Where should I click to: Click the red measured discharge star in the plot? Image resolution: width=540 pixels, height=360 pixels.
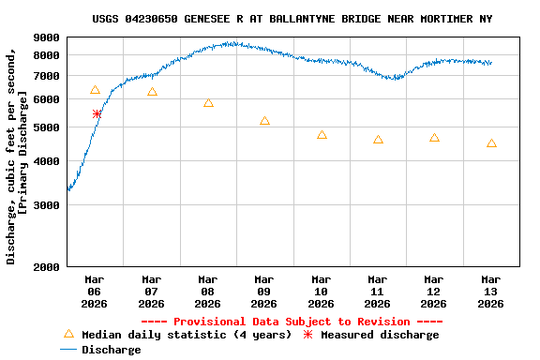click(x=97, y=113)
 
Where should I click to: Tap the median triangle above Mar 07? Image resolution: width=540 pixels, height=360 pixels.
click(x=152, y=92)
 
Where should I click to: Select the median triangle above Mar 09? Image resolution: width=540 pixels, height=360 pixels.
click(x=264, y=121)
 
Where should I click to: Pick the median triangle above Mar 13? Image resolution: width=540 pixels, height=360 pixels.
click(x=491, y=143)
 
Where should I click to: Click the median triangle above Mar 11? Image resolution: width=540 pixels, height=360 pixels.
click(x=378, y=140)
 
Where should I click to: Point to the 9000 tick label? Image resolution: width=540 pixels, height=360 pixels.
click(x=47, y=37)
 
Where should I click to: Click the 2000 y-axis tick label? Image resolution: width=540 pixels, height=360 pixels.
click(x=47, y=267)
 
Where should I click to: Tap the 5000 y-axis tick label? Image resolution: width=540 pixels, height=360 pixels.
click(x=47, y=127)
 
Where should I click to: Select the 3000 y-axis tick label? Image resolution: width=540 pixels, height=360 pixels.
click(x=47, y=205)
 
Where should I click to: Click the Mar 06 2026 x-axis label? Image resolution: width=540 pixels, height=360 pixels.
click(x=95, y=292)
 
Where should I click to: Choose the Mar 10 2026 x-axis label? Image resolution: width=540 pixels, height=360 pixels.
click(x=321, y=292)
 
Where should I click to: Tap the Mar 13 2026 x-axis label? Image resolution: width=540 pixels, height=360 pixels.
click(x=490, y=292)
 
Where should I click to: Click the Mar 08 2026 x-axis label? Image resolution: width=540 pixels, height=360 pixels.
click(x=207, y=292)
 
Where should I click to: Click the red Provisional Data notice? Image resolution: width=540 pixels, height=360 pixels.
click(x=292, y=322)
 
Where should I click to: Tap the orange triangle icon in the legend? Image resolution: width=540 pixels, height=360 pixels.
click(x=67, y=334)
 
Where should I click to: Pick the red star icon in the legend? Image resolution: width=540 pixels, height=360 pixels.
click(x=307, y=335)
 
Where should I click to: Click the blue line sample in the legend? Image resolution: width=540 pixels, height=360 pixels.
click(x=67, y=350)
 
